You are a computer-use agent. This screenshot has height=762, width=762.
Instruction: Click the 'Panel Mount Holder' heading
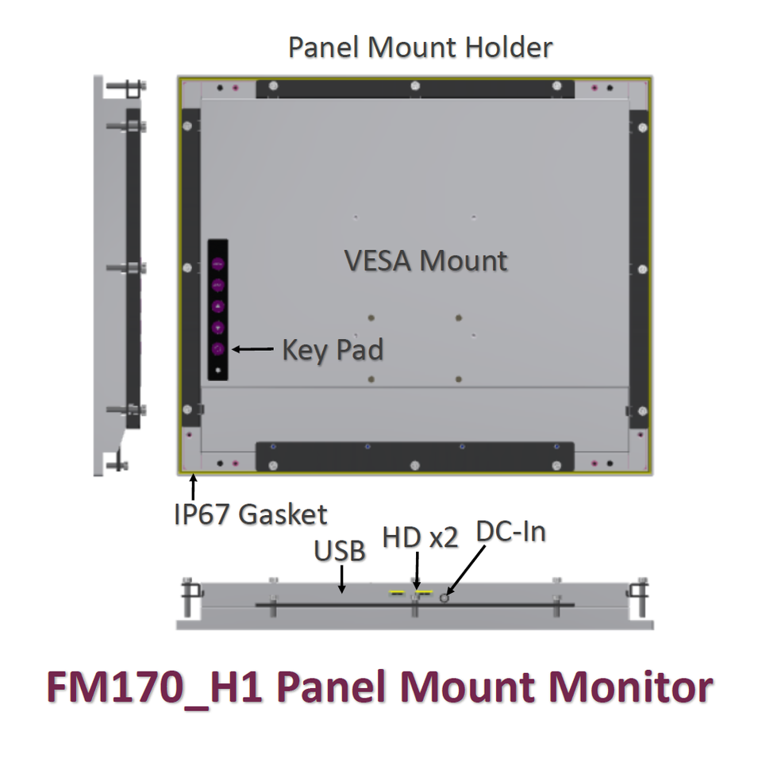(420, 48)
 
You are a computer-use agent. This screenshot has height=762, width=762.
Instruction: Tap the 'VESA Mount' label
(425, 260)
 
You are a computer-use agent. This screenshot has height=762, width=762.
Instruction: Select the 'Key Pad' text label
(333, 349)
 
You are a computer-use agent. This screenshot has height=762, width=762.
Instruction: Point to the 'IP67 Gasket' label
(250, 514)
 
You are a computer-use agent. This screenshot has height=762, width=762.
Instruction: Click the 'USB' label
(340, 549)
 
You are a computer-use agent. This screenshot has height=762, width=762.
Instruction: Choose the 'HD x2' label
(420, 537)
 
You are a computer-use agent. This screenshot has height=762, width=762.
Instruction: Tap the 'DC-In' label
(511, 532)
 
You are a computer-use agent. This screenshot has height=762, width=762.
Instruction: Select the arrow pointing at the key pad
(252, 348)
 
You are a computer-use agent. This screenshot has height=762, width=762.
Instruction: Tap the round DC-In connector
(445, 597)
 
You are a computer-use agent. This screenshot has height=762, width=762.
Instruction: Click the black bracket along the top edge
(414, 87)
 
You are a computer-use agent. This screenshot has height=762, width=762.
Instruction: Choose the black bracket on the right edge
(639, 270)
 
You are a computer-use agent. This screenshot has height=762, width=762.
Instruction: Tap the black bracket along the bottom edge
(414, 456)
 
